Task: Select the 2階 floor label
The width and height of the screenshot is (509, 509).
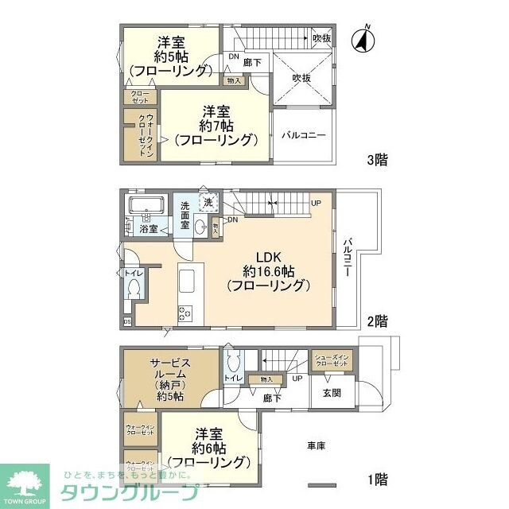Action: (x=376, y=321)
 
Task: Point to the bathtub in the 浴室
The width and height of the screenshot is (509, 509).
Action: (x=146, y=209)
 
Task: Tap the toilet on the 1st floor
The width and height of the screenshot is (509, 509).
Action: (x=233, y=367)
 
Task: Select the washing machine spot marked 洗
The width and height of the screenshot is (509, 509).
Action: (x=208, y=204)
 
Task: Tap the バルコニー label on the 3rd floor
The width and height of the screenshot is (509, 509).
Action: (x=303, y=135)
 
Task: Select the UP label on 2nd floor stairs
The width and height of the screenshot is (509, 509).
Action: (x=316, y=203)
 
